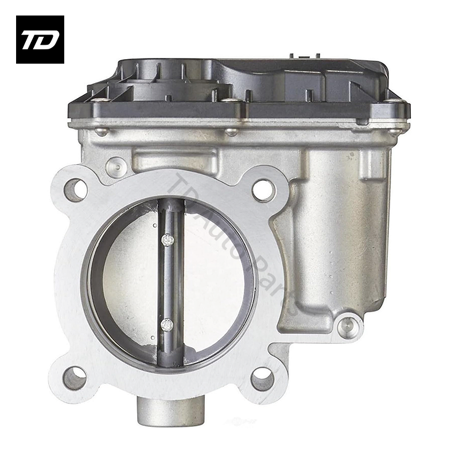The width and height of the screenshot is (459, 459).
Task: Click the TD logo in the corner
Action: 40,39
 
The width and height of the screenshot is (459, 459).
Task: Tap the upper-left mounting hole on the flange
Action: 76,189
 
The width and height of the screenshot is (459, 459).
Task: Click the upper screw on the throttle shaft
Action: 167,240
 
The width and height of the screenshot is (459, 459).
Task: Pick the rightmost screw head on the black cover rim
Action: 395,131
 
